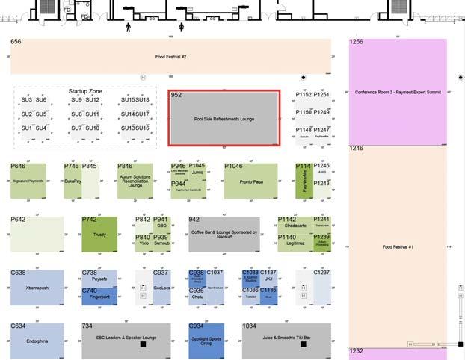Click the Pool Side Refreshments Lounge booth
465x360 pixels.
click(224, 118)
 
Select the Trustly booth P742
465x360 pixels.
click(99, 235)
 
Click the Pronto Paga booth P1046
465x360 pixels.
click(250, 181)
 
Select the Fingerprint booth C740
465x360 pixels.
click(99, 297)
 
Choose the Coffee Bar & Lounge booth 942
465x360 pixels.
click(224, 235)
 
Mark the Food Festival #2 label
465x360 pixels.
click(170, 57)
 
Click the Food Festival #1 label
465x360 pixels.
click(398, 246)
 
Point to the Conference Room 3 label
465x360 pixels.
click(398, 92)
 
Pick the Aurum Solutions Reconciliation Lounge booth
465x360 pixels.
click(135, 181)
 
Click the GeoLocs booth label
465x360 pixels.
click(161, 288)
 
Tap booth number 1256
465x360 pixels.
click(356, 43)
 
